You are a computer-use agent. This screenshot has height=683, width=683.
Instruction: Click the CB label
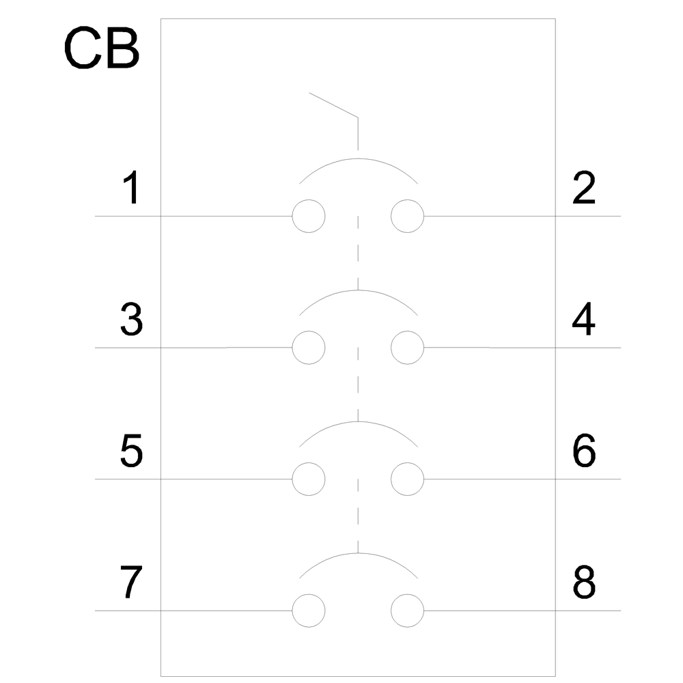click(x=102, y=48)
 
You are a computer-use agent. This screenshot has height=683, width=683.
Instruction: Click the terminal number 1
click(x=132, y=187)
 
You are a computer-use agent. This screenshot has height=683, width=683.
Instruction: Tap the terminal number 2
click(x=584, y=187)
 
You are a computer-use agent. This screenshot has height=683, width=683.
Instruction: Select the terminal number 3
click(x=131, y=320)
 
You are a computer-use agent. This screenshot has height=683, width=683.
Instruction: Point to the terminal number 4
click(x=584, y=319)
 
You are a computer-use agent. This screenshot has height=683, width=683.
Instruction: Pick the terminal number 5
click(x=131, y=451)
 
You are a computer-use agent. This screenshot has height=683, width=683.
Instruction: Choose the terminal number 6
click(x=584, y=451)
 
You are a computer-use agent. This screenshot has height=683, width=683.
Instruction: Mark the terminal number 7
click(x=131, y=583)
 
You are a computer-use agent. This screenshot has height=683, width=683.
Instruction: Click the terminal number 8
click(x=584, y=583)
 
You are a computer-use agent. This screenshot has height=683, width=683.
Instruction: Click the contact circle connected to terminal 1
click(x=292, y=216)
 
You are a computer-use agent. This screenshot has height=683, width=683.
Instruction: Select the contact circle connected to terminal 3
click(x=292, y=348)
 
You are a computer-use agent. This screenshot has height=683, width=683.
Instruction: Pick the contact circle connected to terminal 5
click(x=292, y=479)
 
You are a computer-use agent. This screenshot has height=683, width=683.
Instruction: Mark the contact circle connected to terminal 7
click(x=292, y=611)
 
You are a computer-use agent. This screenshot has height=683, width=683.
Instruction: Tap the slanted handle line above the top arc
click(x=334, y=105)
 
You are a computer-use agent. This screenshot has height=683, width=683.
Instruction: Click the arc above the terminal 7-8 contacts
click(x=358, y=553)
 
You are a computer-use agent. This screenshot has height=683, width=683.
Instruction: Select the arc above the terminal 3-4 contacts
click(x=358, y=290)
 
